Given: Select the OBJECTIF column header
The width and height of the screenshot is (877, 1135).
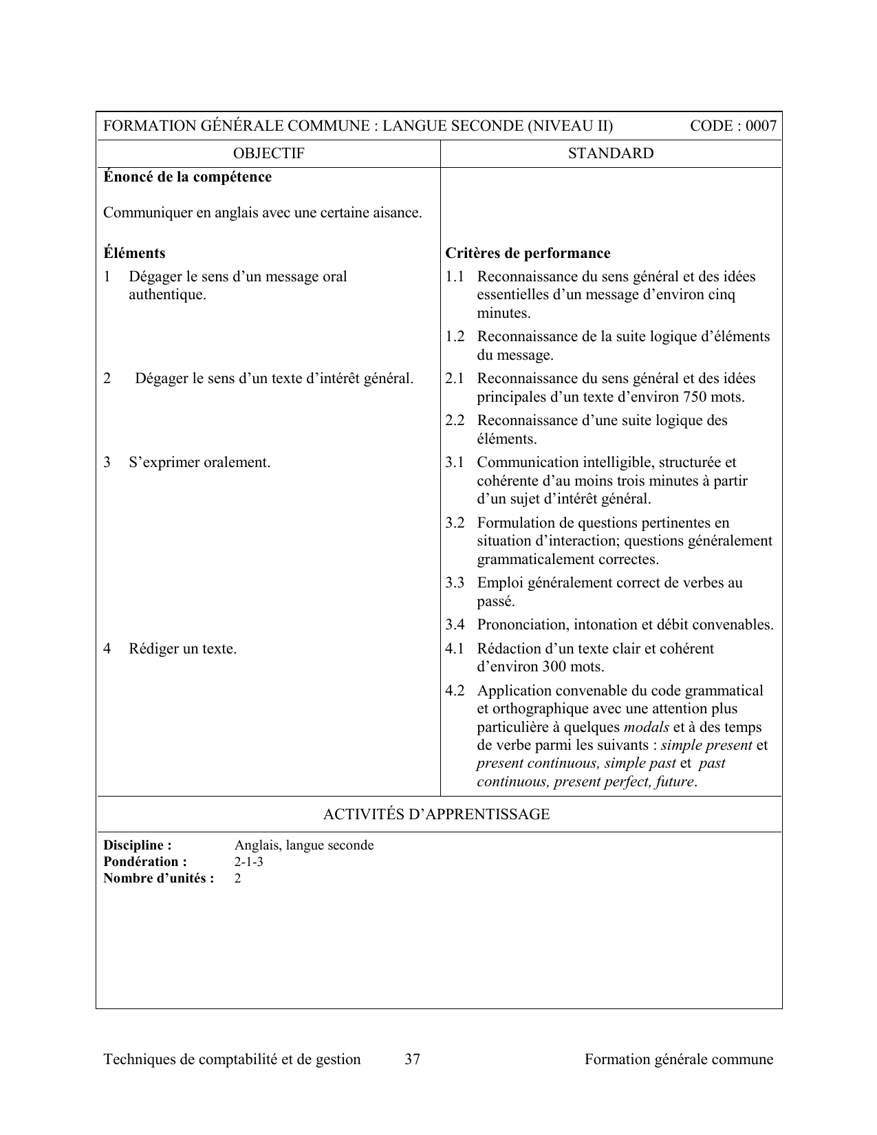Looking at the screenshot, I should (268, 153).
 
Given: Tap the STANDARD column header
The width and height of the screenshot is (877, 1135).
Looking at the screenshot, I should (611, 153).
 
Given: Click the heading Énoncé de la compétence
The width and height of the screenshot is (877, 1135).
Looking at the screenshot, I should (187, 177).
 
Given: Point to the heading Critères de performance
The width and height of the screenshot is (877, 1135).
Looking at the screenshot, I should (528, 253).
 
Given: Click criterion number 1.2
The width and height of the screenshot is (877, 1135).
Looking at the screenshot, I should (455, 337).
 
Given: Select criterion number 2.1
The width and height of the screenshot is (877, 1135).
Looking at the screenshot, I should (455, 379).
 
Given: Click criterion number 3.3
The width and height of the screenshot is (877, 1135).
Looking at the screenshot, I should (455, 583).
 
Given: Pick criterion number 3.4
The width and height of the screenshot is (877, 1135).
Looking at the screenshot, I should (455, 625).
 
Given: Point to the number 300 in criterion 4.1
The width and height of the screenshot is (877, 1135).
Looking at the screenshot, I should (554, 667).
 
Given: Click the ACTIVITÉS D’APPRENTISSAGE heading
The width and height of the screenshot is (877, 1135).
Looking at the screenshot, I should (436, 814).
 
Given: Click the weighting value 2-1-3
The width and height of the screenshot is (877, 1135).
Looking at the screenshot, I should (248, 862).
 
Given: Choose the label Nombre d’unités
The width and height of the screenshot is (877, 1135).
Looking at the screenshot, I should (158, 878).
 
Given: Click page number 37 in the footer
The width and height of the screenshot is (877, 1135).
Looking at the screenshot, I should (412, 1059).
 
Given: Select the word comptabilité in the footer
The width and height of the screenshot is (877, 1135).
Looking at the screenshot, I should (241, 1059).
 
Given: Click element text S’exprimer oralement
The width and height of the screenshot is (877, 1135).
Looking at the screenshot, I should (199, 462).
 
